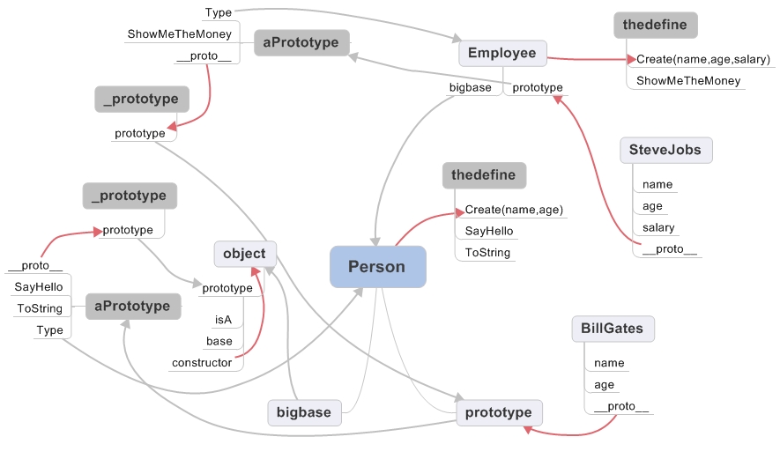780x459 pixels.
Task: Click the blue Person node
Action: [377, 266]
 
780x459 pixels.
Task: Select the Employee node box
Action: [502, 53]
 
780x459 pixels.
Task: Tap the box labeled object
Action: [244, 254]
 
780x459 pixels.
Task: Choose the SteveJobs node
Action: [665, 150]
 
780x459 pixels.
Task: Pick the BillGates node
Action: [612, 329]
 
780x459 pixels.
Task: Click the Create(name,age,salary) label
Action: [703, 59]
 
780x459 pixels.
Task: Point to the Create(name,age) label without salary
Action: [514, 210]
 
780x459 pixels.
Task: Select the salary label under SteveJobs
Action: [658, 227]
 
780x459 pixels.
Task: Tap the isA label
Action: [224, 319]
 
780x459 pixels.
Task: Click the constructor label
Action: [202, 362]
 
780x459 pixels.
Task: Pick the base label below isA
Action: [219, 341]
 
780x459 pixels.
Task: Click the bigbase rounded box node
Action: [304, 411]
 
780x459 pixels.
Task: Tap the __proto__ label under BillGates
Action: [621, 406]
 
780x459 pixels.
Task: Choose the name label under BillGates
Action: [609, 362]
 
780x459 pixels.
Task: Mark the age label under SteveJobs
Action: [652, 206]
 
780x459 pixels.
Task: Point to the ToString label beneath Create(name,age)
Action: [487, 253]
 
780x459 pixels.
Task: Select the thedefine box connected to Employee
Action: [655, 25]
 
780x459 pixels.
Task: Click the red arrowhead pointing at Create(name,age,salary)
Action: [631, 59]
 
